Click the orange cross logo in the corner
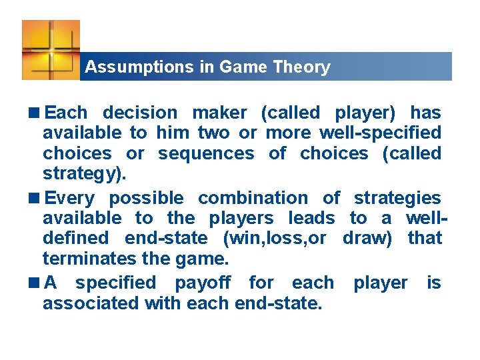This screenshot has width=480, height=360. tap(51, 49)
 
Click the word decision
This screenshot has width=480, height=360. tap(140, 113)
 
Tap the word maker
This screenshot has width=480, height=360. tap(219, 113)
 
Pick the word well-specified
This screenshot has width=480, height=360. tap(380, 133)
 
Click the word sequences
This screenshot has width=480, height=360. tap(206, 153)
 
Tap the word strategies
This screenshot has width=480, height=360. tap(397, 198)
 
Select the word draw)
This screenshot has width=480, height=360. tap(367, 238)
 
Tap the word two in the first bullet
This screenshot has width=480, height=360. tap(197, 133)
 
